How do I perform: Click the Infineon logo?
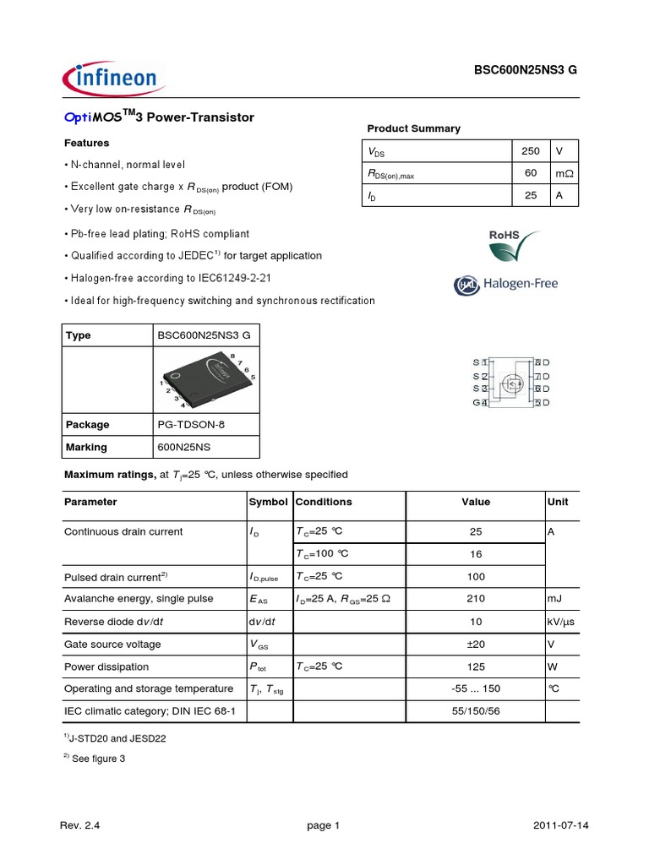click(x=110, y=79)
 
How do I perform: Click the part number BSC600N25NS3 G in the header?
click(x=525, y=72)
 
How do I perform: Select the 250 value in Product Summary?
click(x=530, y=151)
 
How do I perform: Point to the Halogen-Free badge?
click(x=506, y=285)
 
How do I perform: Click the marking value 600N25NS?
click(x=185, y=447)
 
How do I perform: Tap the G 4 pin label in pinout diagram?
click(x=480, y=403)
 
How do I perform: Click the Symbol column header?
click(x=268, y=502)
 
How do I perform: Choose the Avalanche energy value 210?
click(x=476, y=599)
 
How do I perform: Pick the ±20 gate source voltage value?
click(x=476, y=645)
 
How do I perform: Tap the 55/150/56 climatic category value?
click(x=476, y=712)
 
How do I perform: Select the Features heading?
click(x=87, y=143)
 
